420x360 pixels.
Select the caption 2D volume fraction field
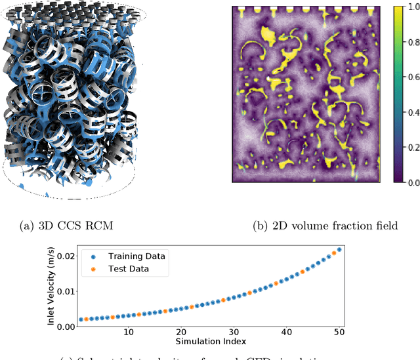(325, 226)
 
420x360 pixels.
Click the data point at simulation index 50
(339, 250)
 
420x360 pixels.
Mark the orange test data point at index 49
(334, 253)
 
